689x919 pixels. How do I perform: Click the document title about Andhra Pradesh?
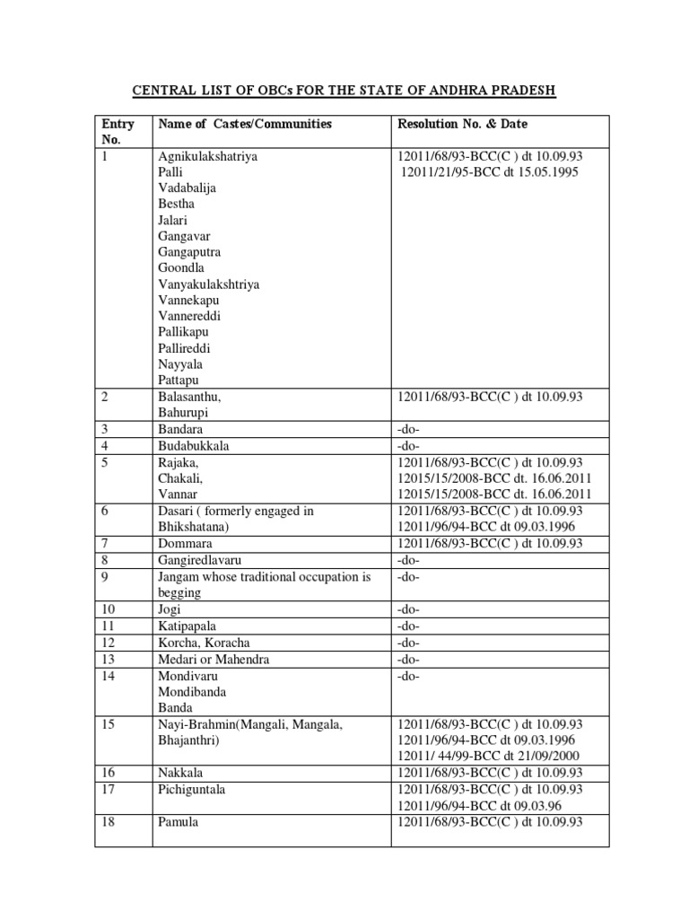click(x=344, y=91)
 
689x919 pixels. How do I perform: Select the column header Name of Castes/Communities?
click(x=245, y=124)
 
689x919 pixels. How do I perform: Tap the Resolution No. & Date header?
click(x=469, y=124)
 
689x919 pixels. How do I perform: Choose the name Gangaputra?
click(x=189, y=252)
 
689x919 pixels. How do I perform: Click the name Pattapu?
click(x=179, y=381)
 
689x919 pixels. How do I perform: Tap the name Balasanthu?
click(x=190, y=397)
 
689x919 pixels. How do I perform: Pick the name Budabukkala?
click(x=194, y=446)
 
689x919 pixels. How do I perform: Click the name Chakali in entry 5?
click(x=180, y=478)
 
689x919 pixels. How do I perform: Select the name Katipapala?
click(x=188, y=625)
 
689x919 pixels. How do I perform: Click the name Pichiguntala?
click(x=191, y=790)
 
